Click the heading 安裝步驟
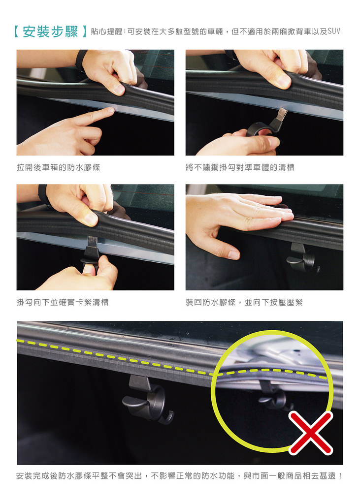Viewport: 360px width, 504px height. [51, 32]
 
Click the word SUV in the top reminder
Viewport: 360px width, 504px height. [334, 31]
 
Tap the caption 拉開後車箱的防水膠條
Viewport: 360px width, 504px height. [59, 167]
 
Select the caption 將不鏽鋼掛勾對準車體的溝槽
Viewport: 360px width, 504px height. [240, 167]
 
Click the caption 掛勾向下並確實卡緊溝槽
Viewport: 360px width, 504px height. [63, 302]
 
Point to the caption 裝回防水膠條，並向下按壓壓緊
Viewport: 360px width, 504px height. [244, 302]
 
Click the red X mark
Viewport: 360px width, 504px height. [311, 433]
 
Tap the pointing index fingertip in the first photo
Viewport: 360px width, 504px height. [110, 111]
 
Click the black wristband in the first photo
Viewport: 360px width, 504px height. [82, 60]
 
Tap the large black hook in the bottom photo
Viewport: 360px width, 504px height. [146, 399]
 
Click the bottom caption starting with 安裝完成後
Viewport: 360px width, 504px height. [179, 476]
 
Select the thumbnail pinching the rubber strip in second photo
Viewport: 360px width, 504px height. [283, 81]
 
